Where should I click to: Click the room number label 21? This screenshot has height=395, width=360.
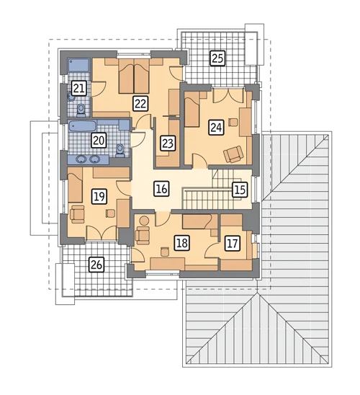point(78,88)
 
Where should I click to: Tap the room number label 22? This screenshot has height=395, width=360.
point(140,103)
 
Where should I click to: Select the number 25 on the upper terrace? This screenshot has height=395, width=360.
point(217,58)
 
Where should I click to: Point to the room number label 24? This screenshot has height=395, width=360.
point(216,128)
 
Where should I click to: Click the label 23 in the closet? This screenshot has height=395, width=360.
point(168,143)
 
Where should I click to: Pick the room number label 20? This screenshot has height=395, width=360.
point(99,141)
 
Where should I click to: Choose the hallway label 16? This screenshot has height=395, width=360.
point(161,189)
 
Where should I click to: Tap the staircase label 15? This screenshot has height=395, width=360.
point(240,189)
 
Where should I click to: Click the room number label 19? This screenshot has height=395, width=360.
point(99,196)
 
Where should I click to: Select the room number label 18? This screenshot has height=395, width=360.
point(182,243)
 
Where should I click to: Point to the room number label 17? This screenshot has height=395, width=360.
point(233,244)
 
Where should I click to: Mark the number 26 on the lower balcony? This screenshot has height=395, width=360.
point(96,265)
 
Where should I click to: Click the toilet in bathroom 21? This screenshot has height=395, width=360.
point(81,110)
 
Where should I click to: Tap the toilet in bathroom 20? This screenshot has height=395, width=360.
point(120,151)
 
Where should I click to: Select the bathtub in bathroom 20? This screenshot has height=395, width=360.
point(82,125)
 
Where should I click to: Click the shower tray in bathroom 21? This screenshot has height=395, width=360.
point(78,65)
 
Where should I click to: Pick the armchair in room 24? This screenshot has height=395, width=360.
point(234,154)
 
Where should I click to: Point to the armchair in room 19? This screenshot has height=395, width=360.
point(77,214)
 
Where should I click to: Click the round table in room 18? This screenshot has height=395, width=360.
point(145,221)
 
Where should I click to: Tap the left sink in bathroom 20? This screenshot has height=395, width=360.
point(81,159)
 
